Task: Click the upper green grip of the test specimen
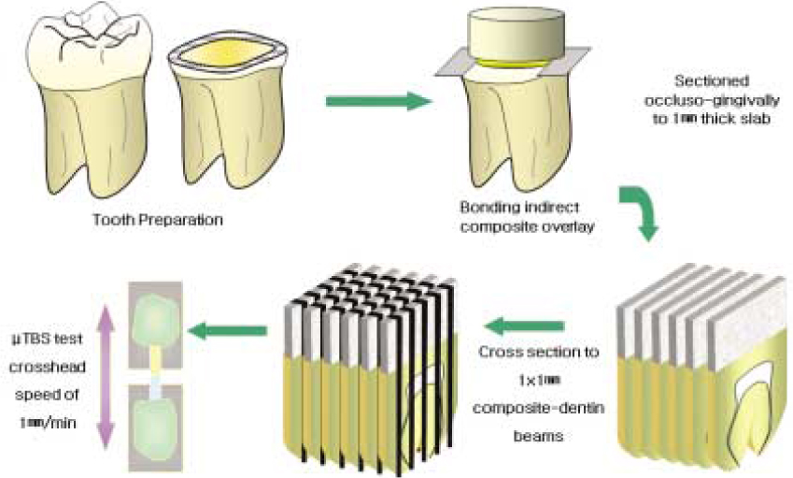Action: tap(159, 314)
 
